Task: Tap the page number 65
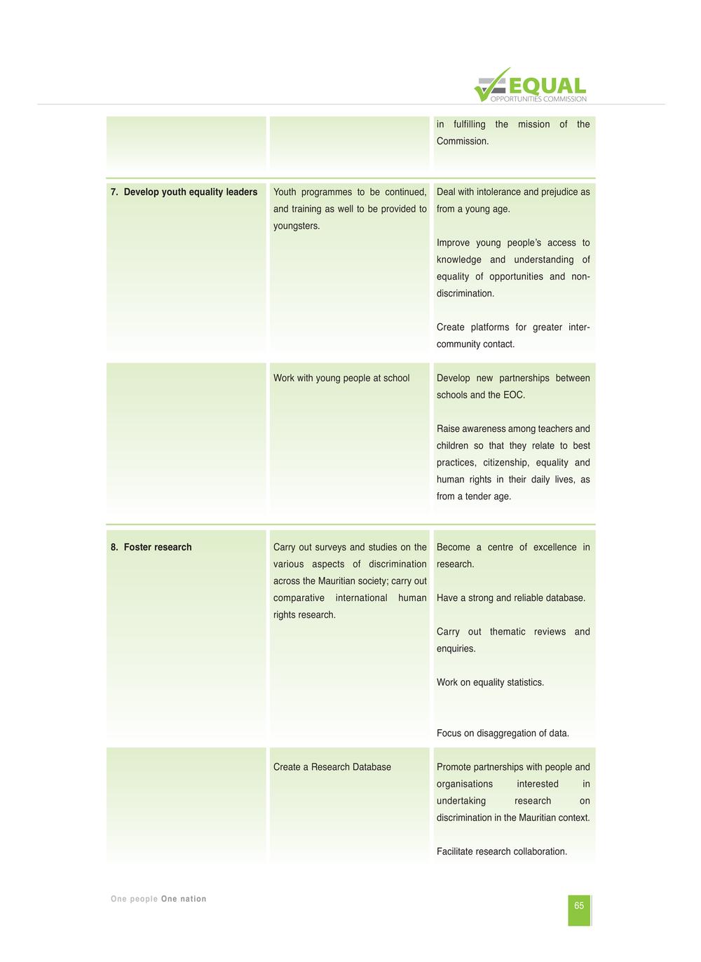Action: tap(579, 906)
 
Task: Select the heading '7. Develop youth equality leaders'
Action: tap(184, 192)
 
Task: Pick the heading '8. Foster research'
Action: tap(151, 548)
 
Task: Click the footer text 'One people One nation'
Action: tap(158, 899)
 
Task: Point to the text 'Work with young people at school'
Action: tap(341, 379)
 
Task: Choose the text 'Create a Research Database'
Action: tap(332, 767)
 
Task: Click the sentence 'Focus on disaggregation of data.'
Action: tap(503, 733)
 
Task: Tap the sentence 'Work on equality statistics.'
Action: tap(490, 683)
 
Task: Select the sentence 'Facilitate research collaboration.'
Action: tap(502, 852)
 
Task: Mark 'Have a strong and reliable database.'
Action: tap(511, 598)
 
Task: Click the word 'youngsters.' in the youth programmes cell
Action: tap(297, 226)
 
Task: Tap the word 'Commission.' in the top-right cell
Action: tap(463, 142)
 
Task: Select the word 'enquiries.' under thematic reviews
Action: tap(456, 649)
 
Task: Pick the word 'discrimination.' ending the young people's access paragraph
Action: tap(465, 294)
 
